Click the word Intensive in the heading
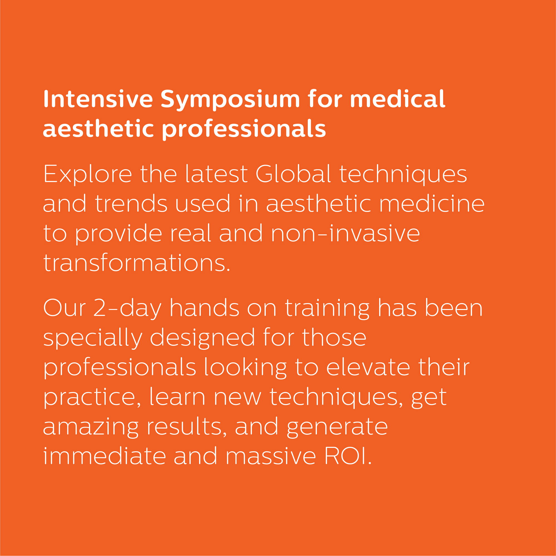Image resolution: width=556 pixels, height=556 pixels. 98,99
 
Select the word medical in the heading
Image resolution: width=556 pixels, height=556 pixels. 398,99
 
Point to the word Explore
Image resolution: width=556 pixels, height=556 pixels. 88,175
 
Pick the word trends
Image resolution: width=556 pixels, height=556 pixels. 131,204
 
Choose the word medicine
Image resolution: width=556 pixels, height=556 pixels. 432,203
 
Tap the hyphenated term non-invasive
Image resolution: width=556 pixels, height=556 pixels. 345,234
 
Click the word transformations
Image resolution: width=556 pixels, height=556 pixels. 137,263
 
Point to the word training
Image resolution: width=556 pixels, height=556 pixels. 327,309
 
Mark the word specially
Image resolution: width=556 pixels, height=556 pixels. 93,338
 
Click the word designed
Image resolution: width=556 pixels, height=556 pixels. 202,338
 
